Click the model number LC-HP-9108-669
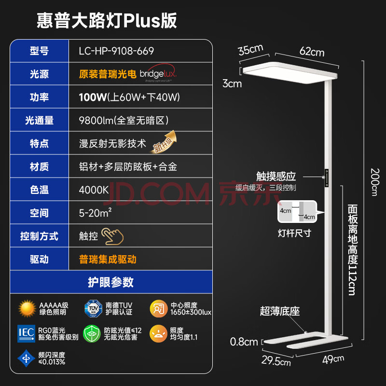116,51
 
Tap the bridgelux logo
158,74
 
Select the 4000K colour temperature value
94,190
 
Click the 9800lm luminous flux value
124,120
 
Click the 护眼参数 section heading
110,282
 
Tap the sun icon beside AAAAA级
28,308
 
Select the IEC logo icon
27,333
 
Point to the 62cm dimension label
312,51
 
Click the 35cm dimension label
250,49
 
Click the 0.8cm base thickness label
244,342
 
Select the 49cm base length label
332,358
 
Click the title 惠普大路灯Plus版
107,20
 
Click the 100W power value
93,97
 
